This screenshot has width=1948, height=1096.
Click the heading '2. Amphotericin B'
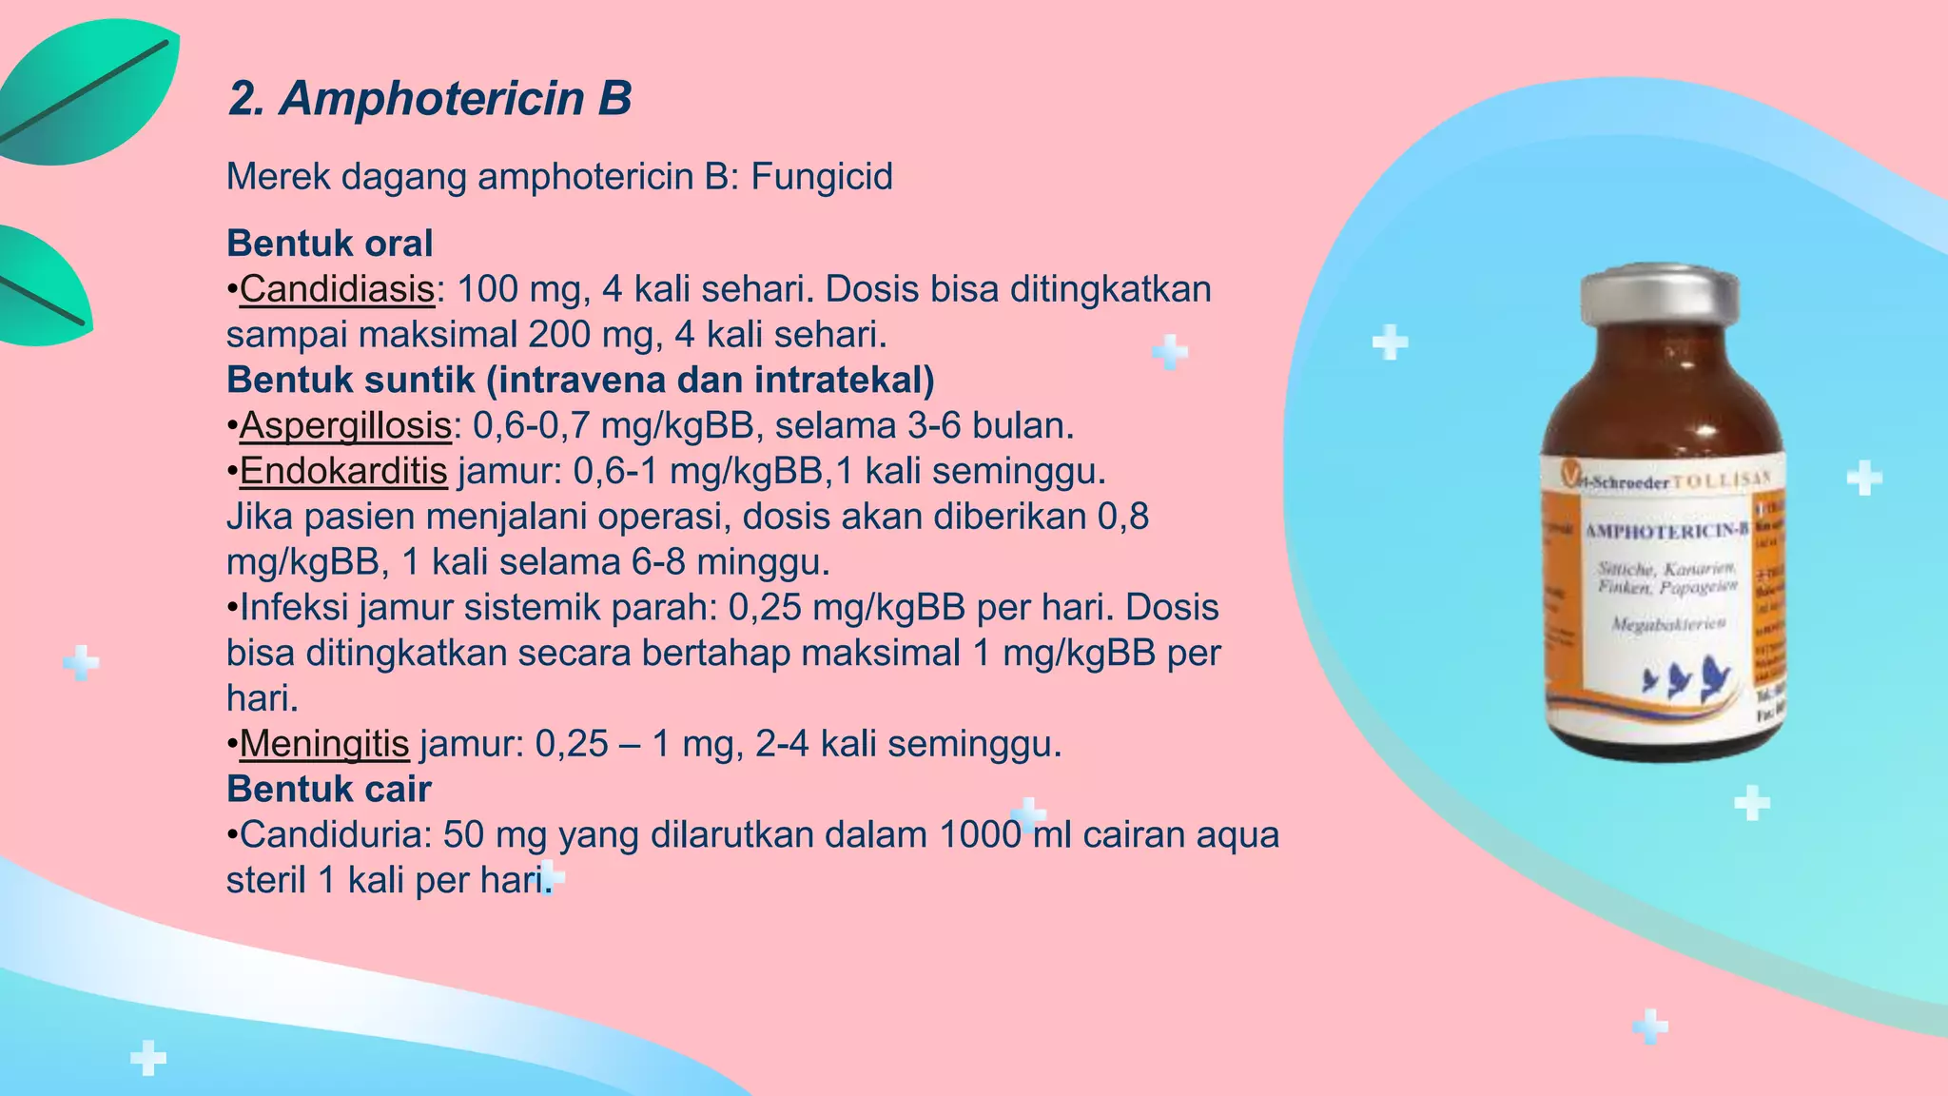point(430,98)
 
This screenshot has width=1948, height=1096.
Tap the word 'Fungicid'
point(822,177)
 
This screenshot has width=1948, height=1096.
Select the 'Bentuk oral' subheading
point(329,244)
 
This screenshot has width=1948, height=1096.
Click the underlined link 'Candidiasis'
point(337,289)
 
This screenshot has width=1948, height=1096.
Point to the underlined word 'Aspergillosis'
point(345,425)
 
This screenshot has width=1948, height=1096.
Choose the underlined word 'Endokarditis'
point(343,471)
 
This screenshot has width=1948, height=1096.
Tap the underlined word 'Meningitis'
point(324,743)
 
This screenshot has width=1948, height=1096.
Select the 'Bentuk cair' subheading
point(329,789)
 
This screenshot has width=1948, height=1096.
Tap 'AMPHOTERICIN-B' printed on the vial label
point(1666,530)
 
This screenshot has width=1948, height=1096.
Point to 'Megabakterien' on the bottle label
point(1668,624)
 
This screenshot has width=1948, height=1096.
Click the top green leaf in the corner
point(90,90)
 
